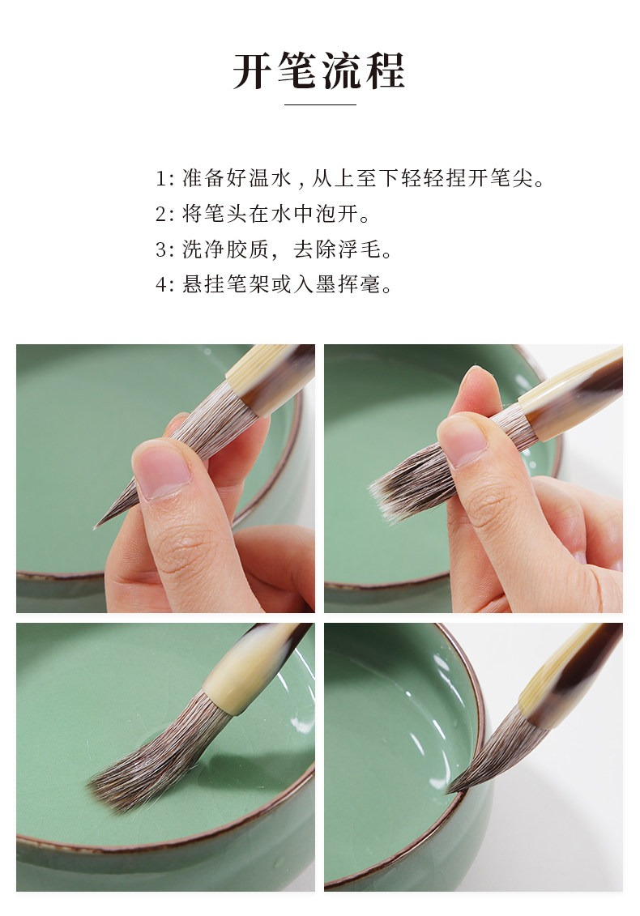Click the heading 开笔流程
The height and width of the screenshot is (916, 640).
tap(319, 70)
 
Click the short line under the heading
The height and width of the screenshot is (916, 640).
tap(320, 104)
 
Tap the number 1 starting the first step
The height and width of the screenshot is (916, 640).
tap(160, 179)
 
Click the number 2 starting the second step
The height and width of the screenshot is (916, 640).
tap(161, 215)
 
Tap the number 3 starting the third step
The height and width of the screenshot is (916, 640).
tap(161, 250)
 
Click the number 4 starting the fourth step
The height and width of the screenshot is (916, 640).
tap(161, 285)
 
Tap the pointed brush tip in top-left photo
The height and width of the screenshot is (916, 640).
tap(96, 526)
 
